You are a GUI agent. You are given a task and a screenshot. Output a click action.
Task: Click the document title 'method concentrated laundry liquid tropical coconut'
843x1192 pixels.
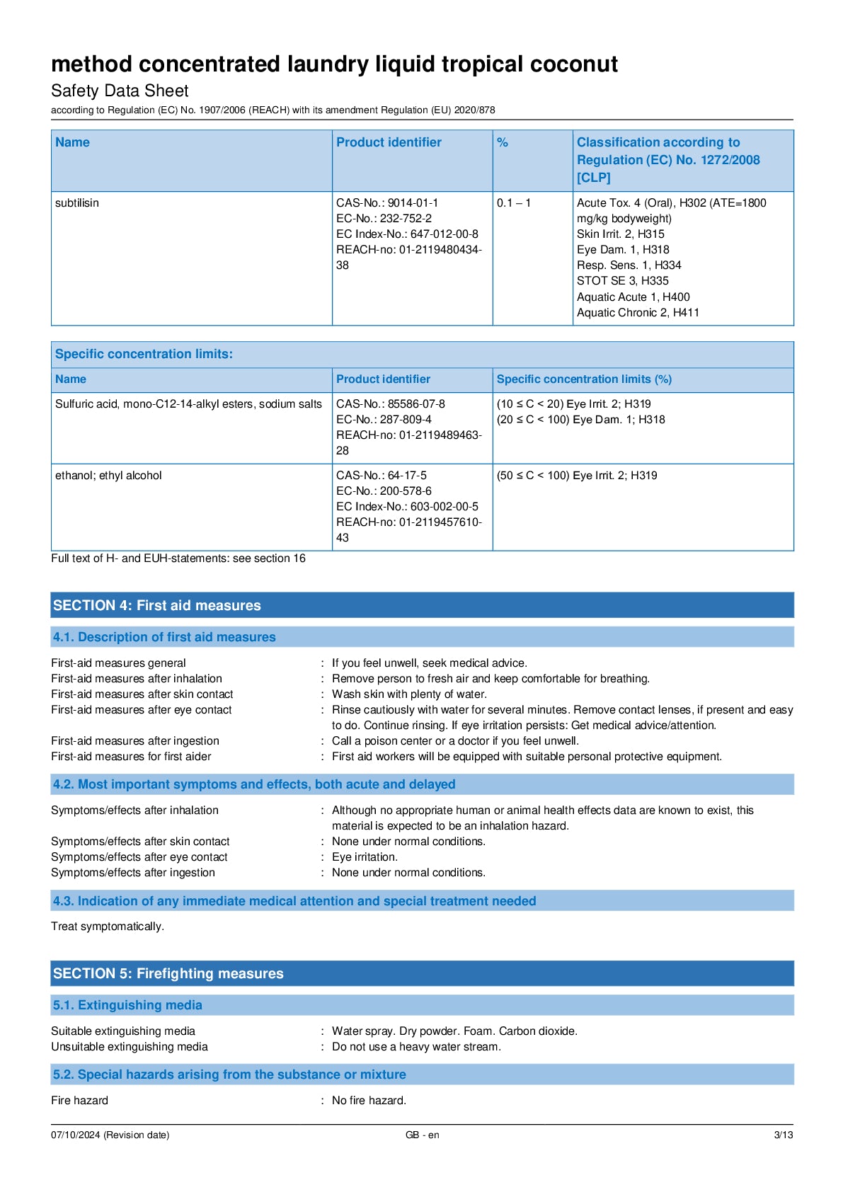(334, 64)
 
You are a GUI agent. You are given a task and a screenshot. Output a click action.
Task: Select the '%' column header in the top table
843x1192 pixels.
(503, 143)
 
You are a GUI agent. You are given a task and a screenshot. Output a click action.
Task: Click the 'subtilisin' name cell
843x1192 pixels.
(77, 203)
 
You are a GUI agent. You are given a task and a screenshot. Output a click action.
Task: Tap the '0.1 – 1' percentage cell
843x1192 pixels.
(513, 203)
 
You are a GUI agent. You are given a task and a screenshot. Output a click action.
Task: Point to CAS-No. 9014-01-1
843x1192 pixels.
(387, 203)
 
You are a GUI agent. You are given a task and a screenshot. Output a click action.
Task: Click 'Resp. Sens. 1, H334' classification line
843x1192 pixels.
(629, 265)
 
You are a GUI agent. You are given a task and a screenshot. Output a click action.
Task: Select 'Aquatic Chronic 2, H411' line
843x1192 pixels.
(638, 313)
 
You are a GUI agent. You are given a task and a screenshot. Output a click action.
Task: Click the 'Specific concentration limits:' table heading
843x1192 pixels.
(144, 354)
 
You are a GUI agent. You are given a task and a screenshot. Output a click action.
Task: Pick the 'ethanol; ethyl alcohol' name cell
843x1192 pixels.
(108, 476)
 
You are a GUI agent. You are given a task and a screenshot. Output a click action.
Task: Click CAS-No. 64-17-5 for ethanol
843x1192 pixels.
(382, 476)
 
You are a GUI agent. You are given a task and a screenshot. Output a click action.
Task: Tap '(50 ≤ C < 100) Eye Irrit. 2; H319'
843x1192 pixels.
(577, 476)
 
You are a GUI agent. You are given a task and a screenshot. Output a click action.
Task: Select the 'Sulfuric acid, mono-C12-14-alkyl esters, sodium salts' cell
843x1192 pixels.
(188, 404)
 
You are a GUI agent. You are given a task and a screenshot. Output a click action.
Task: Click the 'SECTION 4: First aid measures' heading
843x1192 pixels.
(157, 605)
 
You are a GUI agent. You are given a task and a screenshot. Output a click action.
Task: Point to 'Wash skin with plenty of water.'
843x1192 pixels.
(409, 694)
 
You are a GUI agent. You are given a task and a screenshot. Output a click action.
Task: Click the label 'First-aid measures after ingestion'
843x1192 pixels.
(135, 741)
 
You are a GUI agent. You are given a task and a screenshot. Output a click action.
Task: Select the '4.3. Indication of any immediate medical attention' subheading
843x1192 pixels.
(294, 901)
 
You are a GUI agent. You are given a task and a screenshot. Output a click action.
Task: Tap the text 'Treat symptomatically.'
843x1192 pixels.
(108, 927)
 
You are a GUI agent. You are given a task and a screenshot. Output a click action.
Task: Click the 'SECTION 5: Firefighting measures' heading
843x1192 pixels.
(168, 973)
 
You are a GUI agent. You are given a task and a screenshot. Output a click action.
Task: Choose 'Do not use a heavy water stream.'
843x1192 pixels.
(416, 1047)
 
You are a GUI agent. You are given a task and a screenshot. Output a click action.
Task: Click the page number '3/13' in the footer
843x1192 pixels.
(783, 1135)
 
